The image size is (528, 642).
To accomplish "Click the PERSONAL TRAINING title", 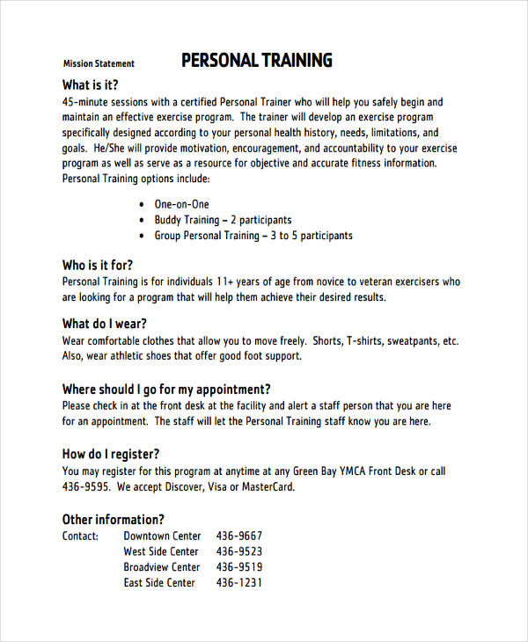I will tap(256, 61).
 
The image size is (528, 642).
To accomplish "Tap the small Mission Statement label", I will tap(99, 63).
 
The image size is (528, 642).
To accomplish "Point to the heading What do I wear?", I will tap(105, 323).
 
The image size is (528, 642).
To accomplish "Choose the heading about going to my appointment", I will tap(166, 389).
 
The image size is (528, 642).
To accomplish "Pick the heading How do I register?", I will tap(111, 454).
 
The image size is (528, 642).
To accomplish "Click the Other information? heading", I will tap(114, 519).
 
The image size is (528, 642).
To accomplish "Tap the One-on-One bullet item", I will tap(181, 204).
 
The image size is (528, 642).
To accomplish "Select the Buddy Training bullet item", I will tap(223, 220).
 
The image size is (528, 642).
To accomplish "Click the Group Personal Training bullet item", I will tap(253, 236).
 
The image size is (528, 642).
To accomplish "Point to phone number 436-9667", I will tap(239, 536).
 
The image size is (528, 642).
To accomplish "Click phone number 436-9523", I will tap(239, 551).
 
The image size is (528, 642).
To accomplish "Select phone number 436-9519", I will tap(239, 567).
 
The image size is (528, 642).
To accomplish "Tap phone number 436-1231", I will tap(239, 582).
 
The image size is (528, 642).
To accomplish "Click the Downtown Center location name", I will tap(162, 536).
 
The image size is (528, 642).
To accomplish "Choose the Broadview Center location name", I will tap(162, 567).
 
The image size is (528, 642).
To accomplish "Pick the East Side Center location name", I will tap(159, 582).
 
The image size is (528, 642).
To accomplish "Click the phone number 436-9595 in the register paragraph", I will tap(86, 487).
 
